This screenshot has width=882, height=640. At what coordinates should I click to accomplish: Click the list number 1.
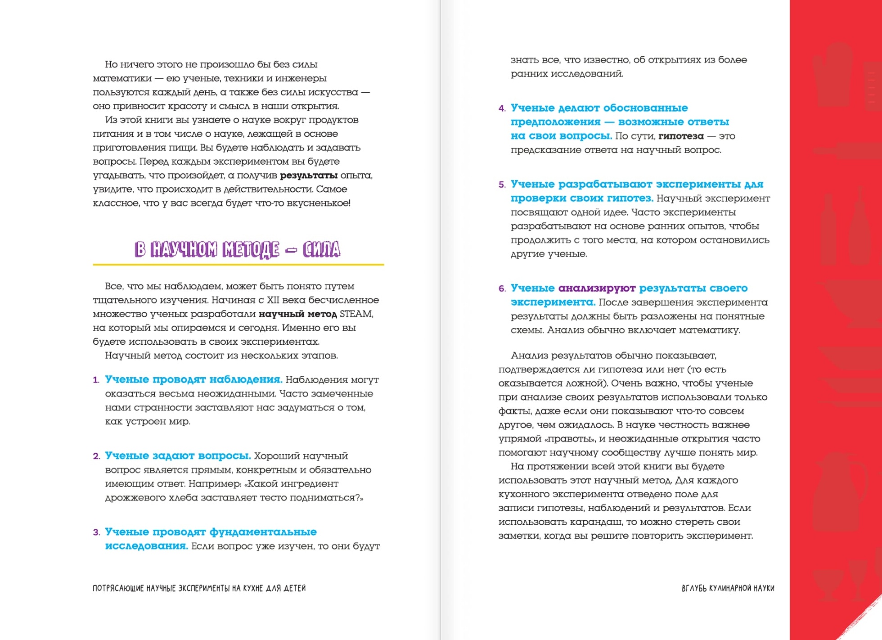96,380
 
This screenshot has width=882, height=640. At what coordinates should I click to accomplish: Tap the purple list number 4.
502,108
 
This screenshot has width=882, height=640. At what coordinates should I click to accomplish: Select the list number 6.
502,288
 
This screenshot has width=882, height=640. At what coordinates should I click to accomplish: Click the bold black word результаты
309,175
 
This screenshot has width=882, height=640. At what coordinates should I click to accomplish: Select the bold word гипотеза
681,136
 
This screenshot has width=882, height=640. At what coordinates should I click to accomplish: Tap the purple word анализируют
597,288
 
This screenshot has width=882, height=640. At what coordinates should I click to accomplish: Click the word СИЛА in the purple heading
321,249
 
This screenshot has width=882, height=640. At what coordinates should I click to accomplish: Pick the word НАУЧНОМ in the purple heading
184,249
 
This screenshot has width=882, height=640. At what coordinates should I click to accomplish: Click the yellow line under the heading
238,265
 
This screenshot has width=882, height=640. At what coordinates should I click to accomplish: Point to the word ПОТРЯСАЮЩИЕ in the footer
118,588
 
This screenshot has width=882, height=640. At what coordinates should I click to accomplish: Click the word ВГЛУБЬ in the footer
694,588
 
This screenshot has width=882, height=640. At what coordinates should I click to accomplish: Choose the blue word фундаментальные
263,532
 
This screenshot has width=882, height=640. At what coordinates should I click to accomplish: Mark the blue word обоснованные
645,108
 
